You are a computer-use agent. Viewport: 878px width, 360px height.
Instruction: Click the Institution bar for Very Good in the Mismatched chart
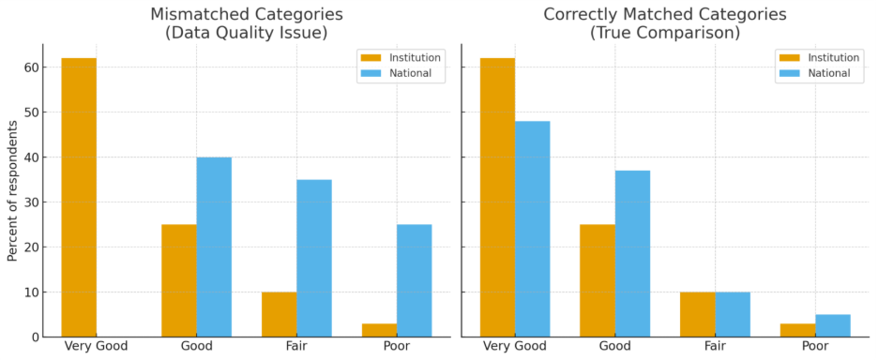click(79, 197)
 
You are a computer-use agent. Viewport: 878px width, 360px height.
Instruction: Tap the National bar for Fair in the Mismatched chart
click(313, 258)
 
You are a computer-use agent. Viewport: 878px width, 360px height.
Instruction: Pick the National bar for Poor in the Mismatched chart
click(414, 280)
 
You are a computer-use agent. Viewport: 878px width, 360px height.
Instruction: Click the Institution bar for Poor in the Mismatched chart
click(379, 330)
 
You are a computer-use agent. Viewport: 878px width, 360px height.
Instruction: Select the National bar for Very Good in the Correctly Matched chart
click(532, 229)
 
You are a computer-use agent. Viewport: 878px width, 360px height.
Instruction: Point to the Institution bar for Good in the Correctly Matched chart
click(598, 280)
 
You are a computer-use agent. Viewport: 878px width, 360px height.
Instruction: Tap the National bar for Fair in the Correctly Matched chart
click(733, 314)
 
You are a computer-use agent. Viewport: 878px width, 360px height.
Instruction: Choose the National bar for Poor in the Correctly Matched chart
click(833, 325)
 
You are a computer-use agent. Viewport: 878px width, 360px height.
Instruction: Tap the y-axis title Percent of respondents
click(12, 190)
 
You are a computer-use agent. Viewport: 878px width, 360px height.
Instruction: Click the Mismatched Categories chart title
click(247, 23)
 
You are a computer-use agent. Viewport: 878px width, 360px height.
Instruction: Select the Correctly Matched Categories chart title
click(665, 23)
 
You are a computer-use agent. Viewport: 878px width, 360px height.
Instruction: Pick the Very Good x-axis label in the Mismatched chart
click(96, 346)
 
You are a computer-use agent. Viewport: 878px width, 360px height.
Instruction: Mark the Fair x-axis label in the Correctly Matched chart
click(716, 346)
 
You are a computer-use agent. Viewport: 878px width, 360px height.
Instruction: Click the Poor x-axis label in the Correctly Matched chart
click(815, 346)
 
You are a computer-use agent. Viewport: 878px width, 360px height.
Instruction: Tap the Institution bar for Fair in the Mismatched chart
click(279, 314)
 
